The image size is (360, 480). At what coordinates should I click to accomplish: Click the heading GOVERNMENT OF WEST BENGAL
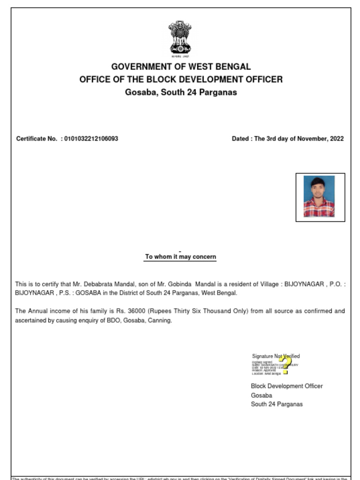180,67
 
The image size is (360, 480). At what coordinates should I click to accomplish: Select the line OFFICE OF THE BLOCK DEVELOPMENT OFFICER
180,79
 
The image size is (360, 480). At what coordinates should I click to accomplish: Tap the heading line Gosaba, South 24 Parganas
180,92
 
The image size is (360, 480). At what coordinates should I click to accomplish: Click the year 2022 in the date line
336,139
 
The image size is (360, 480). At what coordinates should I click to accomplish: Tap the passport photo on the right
319,196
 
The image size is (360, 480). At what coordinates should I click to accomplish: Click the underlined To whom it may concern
180,257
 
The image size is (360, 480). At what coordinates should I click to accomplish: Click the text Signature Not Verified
276,356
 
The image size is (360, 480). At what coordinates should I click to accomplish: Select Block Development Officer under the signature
286,386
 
